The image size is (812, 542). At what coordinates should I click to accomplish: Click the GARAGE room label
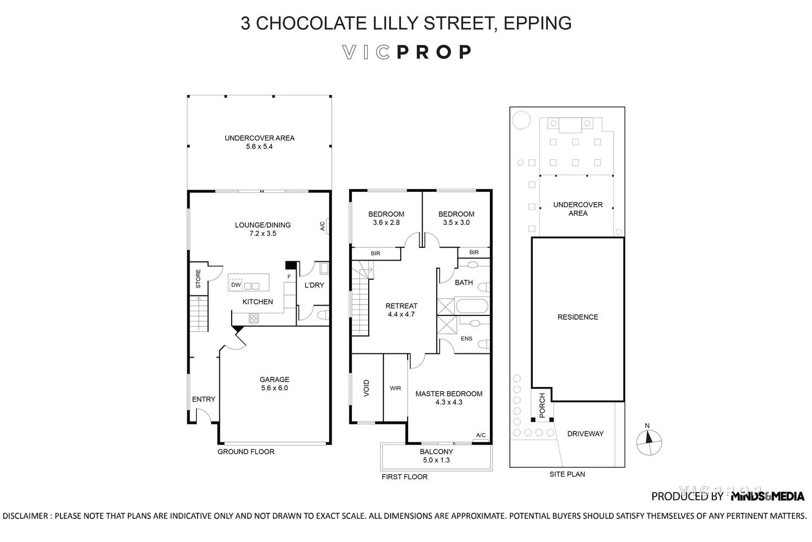coord(274,379)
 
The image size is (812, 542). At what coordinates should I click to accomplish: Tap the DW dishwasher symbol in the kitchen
coord(235,285)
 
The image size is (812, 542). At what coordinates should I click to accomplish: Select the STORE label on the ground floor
coord(198,279)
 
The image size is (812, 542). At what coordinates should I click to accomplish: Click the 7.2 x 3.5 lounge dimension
coord(263,234)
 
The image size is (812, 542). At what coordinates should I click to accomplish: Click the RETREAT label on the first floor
coord(401,306)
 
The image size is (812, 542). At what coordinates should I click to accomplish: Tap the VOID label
coord(366,388)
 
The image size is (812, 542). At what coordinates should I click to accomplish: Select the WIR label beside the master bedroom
coord(395,388)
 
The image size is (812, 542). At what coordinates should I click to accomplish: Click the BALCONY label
coord(436,451)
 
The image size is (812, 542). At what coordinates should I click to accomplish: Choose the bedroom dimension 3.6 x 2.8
coord(386,222)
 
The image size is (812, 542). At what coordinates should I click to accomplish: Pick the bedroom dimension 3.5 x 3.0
coord(456,222)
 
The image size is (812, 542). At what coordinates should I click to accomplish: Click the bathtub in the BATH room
coord(473,306)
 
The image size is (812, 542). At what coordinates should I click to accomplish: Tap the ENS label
coord(466,339)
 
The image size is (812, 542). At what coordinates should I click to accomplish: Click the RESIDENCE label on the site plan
coord(578,317)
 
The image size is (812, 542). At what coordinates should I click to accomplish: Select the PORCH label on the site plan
coord(542,405)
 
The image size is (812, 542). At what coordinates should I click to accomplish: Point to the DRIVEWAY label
coord(585,434)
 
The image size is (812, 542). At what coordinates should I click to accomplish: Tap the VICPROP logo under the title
coord(407,52)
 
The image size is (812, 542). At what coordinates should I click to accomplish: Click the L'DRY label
coord(314,285)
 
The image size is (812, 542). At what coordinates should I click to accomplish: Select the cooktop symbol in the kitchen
coord(253,319)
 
